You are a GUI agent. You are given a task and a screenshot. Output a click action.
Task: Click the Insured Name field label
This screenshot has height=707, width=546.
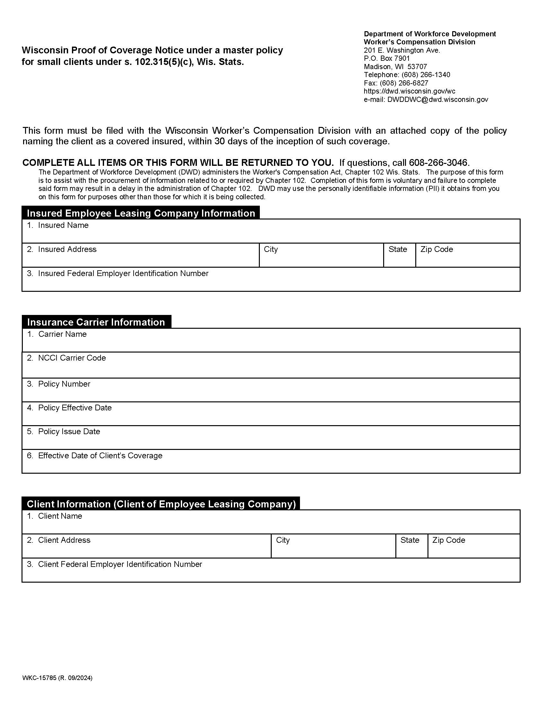point(63,225)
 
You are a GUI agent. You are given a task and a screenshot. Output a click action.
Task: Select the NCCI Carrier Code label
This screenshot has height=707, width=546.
point(72,358)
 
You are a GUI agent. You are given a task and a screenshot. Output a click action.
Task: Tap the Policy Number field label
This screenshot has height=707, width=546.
point(64,384)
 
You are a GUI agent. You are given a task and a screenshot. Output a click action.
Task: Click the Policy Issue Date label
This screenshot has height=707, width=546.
point(69,432)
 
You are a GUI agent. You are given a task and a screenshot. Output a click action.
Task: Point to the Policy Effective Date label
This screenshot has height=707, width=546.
point(75,408)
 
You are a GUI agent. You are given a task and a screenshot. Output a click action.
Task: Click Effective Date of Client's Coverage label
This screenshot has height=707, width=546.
point(100,456)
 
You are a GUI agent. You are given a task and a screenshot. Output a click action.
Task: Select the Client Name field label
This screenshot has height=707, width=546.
point(60,516)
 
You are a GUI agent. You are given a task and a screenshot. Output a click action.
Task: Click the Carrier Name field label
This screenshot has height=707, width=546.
point(62,334)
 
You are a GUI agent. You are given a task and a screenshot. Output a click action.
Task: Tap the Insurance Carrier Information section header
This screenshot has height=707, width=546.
point(96,322)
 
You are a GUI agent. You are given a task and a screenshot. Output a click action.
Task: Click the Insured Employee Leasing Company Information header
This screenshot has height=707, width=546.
point(141,213)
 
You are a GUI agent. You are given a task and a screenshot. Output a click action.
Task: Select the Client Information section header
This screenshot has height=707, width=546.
point(161,504)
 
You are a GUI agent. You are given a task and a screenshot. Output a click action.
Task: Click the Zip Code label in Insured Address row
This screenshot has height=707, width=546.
point(436,249)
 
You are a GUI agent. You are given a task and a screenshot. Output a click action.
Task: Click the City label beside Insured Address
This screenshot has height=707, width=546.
point(271,249)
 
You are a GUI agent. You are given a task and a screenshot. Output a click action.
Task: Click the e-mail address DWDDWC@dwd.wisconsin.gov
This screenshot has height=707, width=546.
point(437,100)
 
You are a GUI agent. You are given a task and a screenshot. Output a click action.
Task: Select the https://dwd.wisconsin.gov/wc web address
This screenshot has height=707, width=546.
point(409,91)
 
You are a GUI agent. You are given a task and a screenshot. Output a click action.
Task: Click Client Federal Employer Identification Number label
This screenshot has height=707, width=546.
point(120,564)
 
